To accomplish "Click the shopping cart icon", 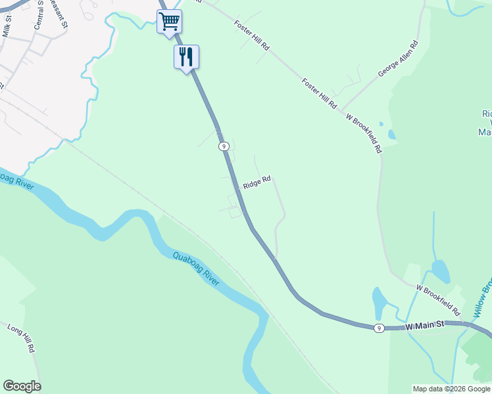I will click(x=169, y=22).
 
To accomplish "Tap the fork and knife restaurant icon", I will click(x=186, y=56).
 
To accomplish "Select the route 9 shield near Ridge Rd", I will click(x=224, y=146).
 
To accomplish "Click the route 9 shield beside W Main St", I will click(x=378, y=328).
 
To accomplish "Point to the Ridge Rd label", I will click(x=257, y=183).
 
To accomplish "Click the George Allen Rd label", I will click(x=398, y=60).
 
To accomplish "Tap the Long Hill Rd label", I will click(x=20, y=338).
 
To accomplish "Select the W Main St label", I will click(x=425, y=324).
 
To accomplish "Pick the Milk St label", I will click(x=8, y=27).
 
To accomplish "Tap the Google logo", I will click(x=22, y=386).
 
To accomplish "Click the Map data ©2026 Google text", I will click(x=451, y=389).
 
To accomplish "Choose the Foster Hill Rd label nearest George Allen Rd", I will click(x=320, y=93).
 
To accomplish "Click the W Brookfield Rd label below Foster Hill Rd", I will click(x=364, y=133).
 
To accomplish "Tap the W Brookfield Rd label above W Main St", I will click(x=437, y=299).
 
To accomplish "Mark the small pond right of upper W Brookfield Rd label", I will click(x=392, y=135).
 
